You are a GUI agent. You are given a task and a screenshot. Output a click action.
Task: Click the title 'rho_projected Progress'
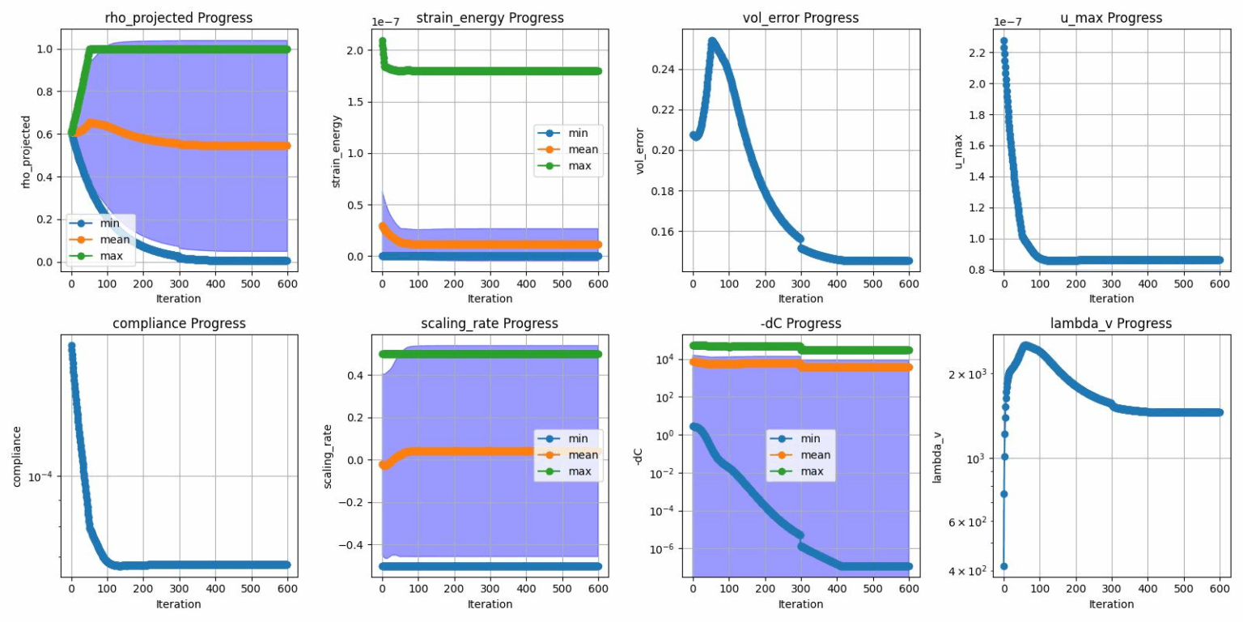click(x=179, y=18)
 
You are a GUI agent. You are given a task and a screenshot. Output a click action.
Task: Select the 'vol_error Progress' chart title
click(x=800, y=18)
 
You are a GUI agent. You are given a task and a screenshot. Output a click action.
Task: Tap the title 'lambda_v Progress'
click(x=1111, y=323)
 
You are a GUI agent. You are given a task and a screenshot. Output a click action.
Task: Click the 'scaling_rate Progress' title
click(x=490, y=323)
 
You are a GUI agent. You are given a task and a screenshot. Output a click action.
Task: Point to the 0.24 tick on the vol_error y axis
click(x=666, y=70)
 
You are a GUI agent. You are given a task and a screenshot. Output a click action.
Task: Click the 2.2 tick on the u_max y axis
click(x=977, y=53)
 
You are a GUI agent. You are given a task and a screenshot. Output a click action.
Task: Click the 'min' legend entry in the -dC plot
click(x=810, y=438)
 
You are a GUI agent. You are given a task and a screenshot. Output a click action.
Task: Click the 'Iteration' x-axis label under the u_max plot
click(x=1111, y=299)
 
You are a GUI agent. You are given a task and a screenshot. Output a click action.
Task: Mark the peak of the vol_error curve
click(x=712, y=40)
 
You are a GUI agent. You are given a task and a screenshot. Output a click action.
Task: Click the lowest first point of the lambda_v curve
click(x=1004, y=566)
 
